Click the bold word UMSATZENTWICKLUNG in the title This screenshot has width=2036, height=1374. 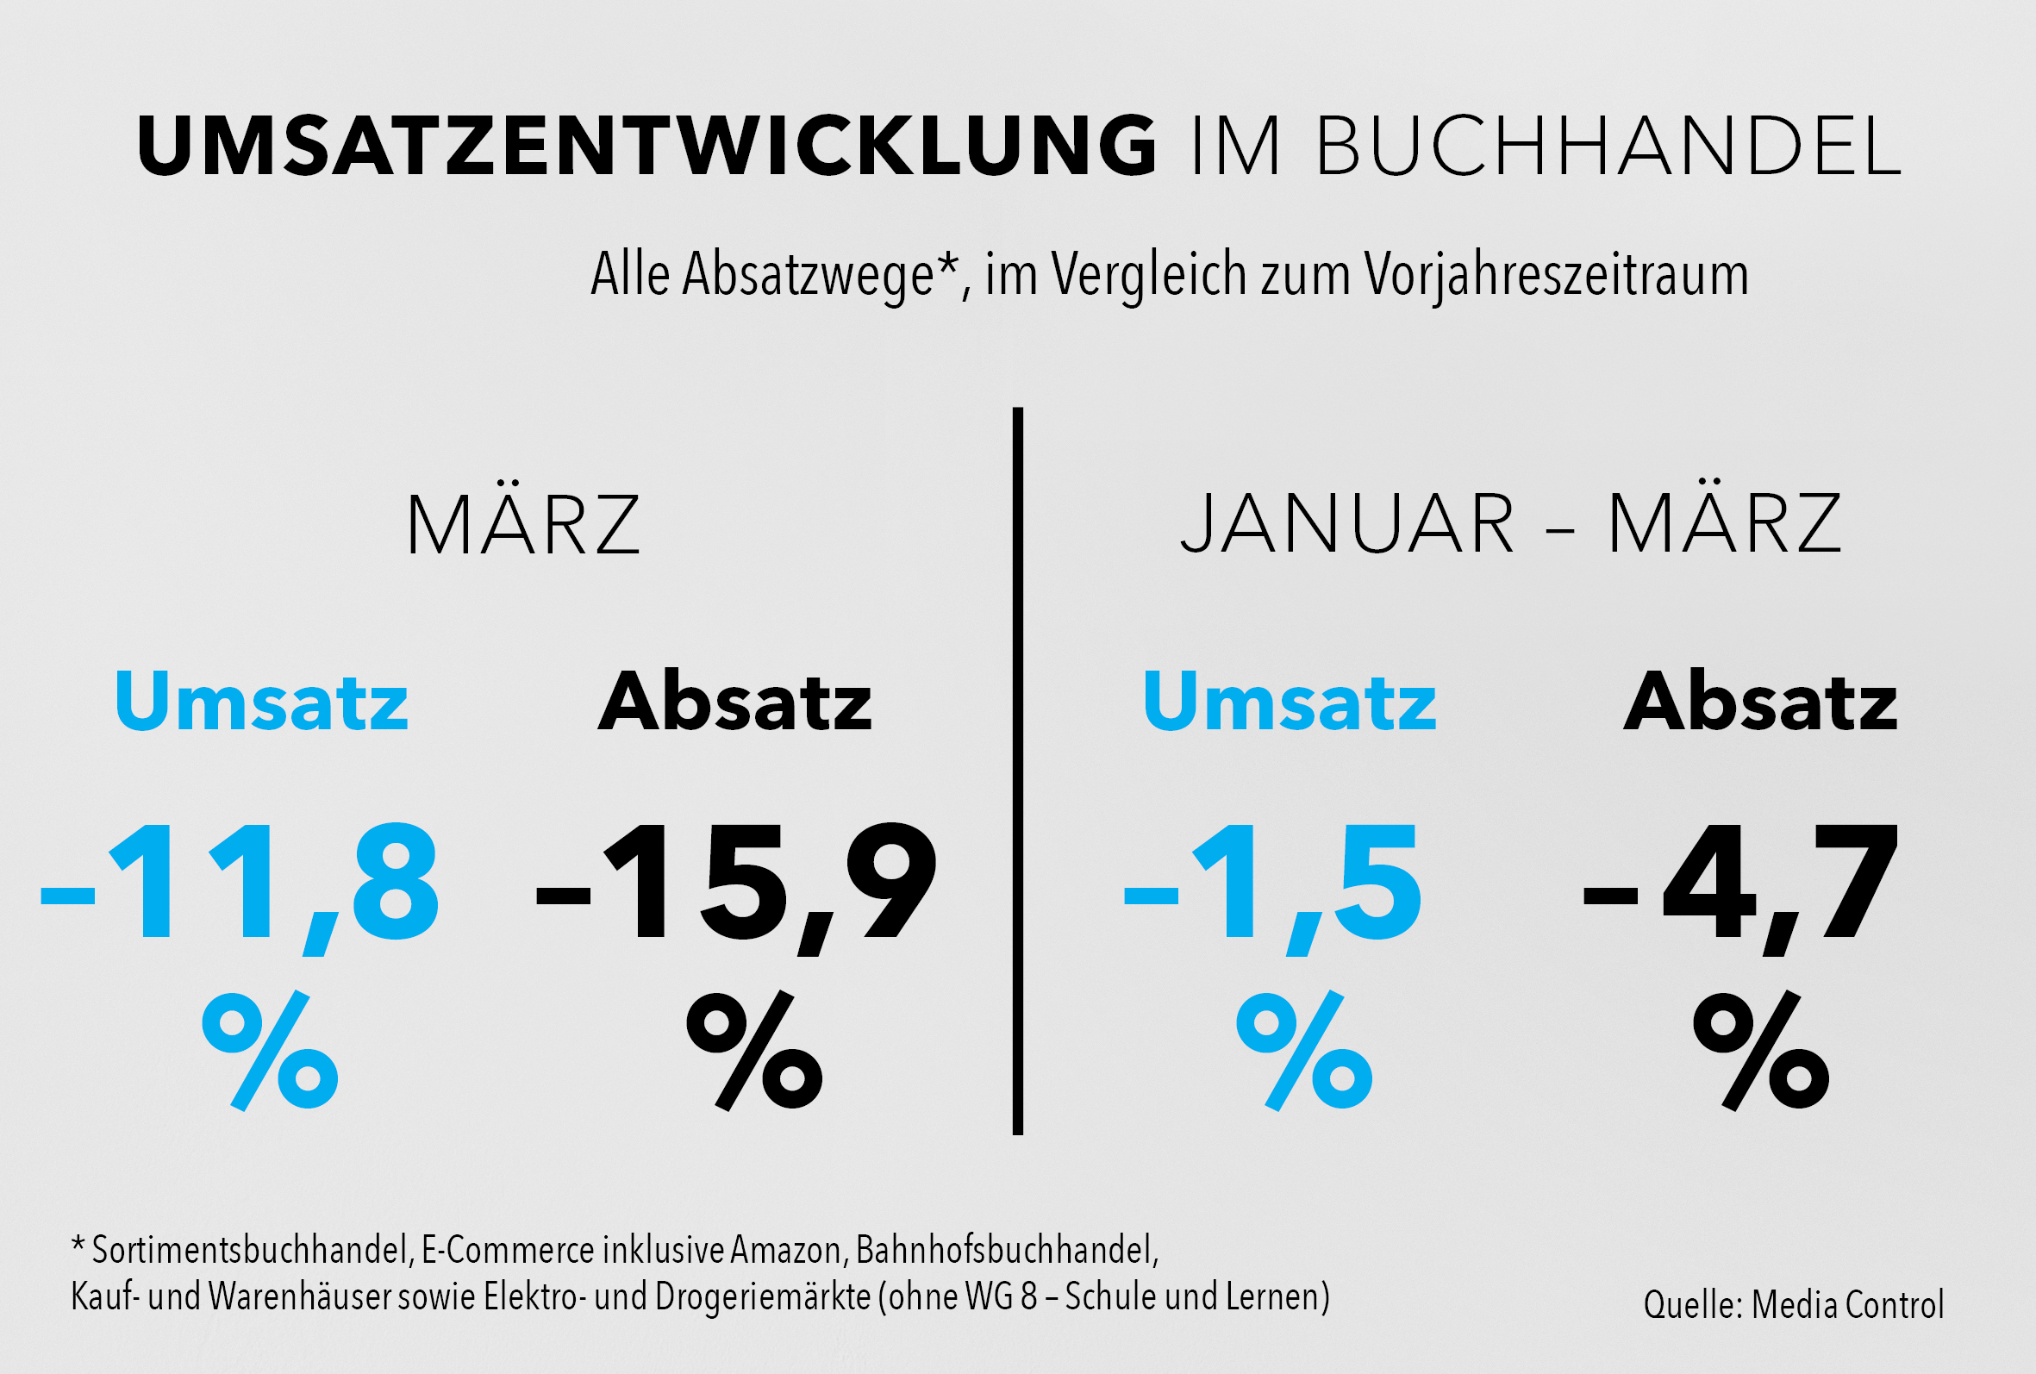coord(646,146)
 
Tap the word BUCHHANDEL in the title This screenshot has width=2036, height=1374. coord(1608,146)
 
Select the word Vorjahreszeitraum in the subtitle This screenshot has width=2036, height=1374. coord(1557,274)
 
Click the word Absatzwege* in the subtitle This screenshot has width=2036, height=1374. coord(820,274)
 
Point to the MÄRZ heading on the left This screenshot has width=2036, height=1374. coord(524,524)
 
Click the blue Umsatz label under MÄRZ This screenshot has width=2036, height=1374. coord(262,701)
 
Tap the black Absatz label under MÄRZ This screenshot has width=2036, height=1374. coord(735,701)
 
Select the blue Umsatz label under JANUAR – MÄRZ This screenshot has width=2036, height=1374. coord(1290,701)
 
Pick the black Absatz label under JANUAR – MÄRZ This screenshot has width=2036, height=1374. coord(1761,701)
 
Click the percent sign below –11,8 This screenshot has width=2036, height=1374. coord(270,1051)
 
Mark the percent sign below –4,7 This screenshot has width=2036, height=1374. coord(1761,1051)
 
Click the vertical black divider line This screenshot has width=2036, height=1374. coord(1018,771)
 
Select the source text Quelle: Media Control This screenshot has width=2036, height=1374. coord(1793,1305)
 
